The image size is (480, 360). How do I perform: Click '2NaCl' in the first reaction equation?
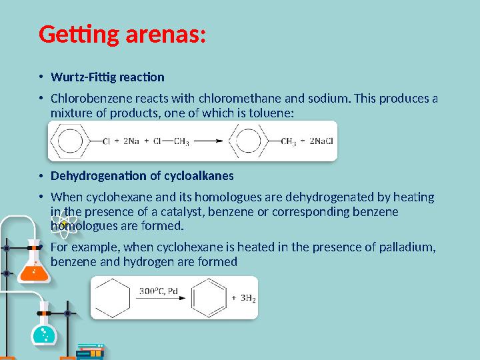tap(318, 141)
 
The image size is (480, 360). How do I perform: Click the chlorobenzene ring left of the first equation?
tap(70, 141)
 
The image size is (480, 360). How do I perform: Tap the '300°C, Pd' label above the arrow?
tap(159, 291)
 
